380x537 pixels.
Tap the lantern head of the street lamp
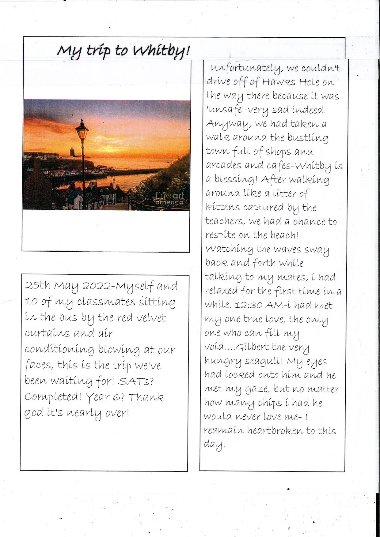(x=82, y=130)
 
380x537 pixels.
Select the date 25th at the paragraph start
(x=37, y=285)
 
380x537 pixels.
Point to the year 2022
(x=97, y=286)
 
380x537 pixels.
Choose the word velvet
(x=151, y=317)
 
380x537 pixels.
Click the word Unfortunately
(x=245, y=68)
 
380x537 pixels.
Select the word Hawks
(x=279, y=82)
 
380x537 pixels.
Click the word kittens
(x=223, y=207)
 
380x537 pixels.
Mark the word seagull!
(x=264, y=361)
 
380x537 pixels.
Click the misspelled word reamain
(x=224, y=430)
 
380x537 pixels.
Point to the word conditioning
(x=59, y=350)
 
